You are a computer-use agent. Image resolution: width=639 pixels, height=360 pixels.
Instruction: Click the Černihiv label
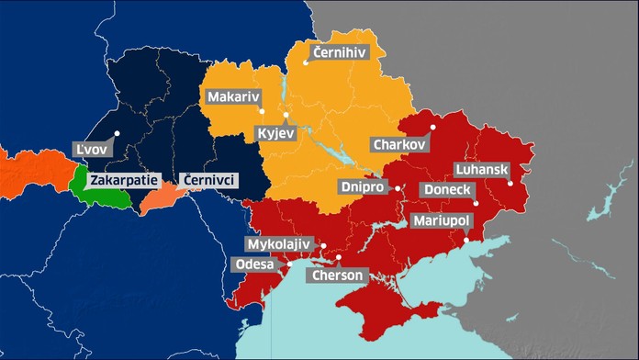pyautogui.click(x=339, y=52)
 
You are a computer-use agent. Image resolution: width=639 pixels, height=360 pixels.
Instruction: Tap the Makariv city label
pyautogui.click(x=232, y=96)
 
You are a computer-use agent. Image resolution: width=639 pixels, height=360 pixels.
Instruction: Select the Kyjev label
pyautogui.click(x=276, y=134)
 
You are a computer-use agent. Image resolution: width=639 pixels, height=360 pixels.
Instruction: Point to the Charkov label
pyautogui.click(x=399, y=144)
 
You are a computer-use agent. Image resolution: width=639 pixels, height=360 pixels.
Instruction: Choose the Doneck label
pyautogui.click(x=445, y=189)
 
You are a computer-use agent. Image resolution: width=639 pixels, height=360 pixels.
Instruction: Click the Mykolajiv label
pyautogui.click(x=279, y=244)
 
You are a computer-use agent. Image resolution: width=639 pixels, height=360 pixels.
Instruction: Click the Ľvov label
pyautogui.click(x=91, y=149)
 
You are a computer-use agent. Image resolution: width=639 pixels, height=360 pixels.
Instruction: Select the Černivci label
pyautogui.click(x=210, y=179)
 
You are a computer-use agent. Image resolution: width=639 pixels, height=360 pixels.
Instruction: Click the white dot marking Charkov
pyautogui.click(x=432, y=127)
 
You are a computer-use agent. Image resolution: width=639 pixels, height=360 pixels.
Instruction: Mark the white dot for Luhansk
pyautogui.click(x=510, y=183)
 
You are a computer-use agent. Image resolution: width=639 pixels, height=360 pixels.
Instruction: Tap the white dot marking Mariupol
pyautogui.click(x=466, y=240)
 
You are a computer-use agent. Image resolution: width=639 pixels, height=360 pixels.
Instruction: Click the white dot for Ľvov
pyautogui.click(x=117, y=134)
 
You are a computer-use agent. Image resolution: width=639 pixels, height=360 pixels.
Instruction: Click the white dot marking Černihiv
pyautogui.click(x=308, y=64)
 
